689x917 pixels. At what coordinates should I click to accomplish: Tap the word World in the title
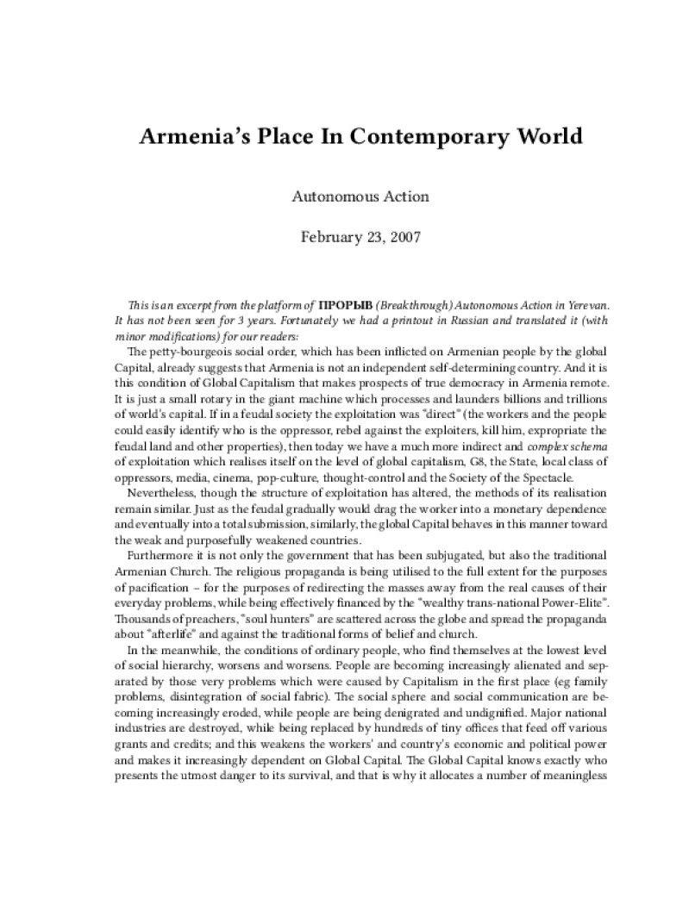coord(510,137)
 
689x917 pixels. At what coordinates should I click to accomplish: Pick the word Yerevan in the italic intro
coord(541,306)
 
